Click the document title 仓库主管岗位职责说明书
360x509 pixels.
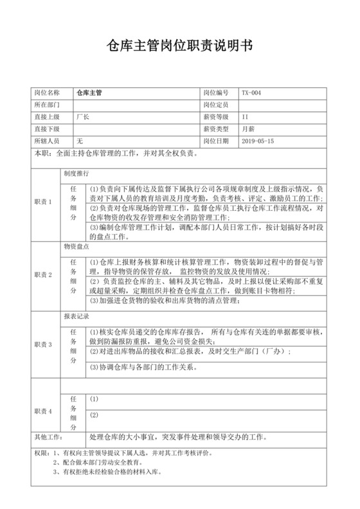(x=179, y=47)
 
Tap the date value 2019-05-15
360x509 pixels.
(x=258, y=141)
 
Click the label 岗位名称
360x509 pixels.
(x=46, y=93)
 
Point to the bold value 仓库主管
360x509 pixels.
(x=89, y=93)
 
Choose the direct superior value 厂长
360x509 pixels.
(x=82, y=117)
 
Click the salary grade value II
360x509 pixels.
(x=245, y=117)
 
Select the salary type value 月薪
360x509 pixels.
(x=248, y=129)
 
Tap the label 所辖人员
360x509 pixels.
(x=46, y=141)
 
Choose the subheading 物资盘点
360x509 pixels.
(x=76, y=246)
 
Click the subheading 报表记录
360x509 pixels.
(x=76, y=316)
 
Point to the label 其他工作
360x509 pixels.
(x=47, y=438)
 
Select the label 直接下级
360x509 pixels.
(x=46, y=129)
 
